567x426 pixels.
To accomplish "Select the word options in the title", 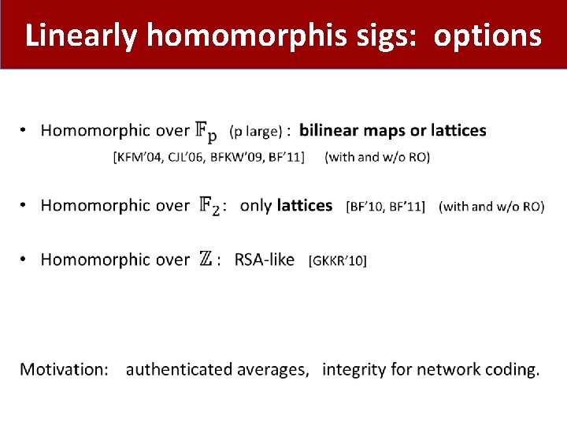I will click(487, 35).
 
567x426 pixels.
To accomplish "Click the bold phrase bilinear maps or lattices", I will click(393, 130).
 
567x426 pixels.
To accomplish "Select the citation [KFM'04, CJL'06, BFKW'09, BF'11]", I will click(209, 157).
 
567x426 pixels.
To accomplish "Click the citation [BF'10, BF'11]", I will click(385, 207).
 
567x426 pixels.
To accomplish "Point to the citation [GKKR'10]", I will click(338, 260).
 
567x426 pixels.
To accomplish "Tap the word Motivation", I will click(65, 369).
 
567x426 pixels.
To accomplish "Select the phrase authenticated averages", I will click(217, 369).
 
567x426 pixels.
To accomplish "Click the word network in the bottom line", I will click(447, 369).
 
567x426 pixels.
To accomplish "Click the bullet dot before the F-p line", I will click(24, 131).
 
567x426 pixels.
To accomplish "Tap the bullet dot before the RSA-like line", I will click(24, 260).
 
